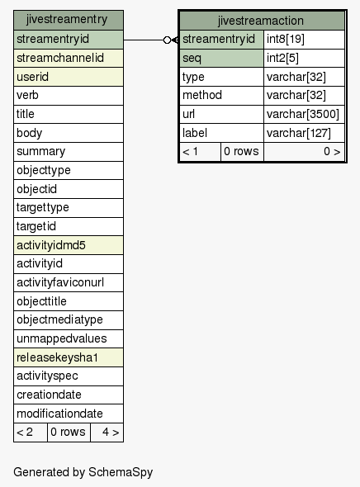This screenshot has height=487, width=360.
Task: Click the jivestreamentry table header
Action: pyautogui.click(x=69, y=20)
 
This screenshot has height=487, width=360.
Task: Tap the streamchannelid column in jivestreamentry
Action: pyautogui.click(x=69, y=58)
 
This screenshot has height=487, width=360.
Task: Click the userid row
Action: pyautogui.click(x=69, y=77)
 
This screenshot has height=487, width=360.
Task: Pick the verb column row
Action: pyautogui.click(x=69, y=96)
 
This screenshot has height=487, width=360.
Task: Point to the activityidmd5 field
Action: pyautogui.click(x=69, y=245)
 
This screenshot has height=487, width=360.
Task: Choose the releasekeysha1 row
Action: pyautogui.click(x=69, y=357)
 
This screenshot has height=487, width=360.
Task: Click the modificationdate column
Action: pyautogui.click(x=69, y=414)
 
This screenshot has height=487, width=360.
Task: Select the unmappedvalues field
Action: pyautogui.click(x=69, y=338)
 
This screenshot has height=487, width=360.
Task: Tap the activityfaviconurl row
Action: pyautogui.click(x=69, y=282)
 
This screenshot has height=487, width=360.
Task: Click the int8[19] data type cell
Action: pyautogui.click(x=304, y=40)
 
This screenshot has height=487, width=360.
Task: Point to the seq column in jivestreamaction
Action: pyautogui.click(x=221, y=58)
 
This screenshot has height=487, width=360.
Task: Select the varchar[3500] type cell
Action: pyautogui.click(x=304, y=114)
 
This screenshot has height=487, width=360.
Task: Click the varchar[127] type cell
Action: pyautogui.click(x=304, y=133)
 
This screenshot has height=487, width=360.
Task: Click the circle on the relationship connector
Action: pyautogui.click(x=167, y=40)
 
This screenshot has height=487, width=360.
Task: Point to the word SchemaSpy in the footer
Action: pyautogui.click(x=121, y=472)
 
